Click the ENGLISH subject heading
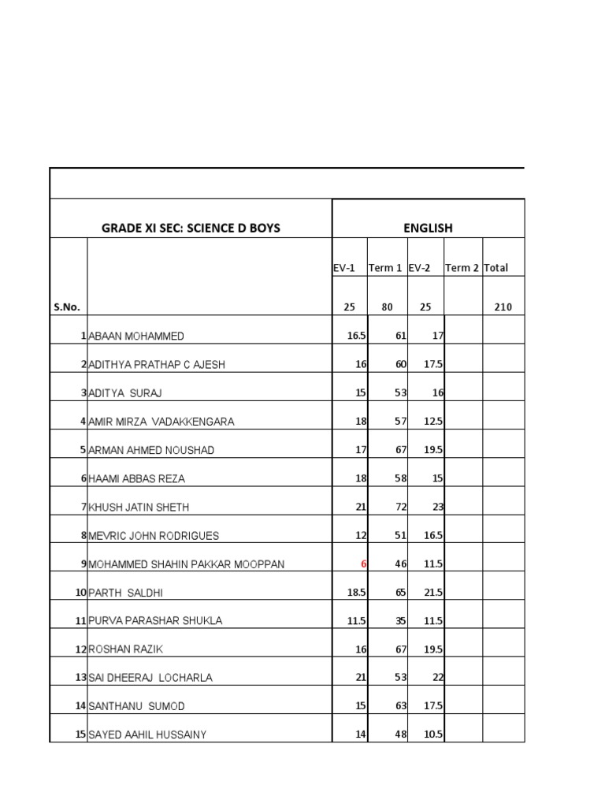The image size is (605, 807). [x=428, y=229]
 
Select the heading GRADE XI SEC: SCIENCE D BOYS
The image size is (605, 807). [x=191, y=229]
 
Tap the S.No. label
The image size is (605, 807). [x=67, y=307]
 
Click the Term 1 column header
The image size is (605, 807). [x=385, y=268]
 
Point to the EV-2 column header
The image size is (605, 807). [x=419, y=268]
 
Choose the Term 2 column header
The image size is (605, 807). [x=462, y=268]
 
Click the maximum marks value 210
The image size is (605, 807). [x=503, y=307]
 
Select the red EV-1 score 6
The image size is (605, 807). [x=364, y=564]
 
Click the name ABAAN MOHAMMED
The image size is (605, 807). [x=136, y=337]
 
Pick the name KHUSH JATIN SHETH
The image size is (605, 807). [x=139, y=508]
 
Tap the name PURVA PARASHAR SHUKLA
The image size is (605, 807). [x=155, y=621]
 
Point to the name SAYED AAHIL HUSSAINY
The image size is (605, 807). [x=147, y=735]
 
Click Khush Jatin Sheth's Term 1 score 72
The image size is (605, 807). [x=400, y=508]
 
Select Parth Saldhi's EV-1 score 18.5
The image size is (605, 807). [x=357, y=593]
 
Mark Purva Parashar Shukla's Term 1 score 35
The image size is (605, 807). [x=400, y=621]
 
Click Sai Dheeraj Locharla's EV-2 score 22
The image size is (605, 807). [x=438, y=678]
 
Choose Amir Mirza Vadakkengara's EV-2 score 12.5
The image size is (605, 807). [x=434, y=422]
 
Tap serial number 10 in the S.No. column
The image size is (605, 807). [x=80, y=593]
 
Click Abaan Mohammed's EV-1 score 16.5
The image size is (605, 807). [x=357, y=337]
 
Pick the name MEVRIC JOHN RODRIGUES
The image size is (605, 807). [x=154, y=536]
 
